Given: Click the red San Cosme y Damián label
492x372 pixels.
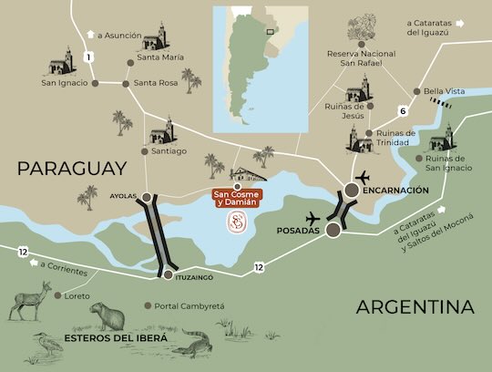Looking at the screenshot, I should click(235, 198).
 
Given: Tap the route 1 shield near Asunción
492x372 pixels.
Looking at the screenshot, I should click(88, 57).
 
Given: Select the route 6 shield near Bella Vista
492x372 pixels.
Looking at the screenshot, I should click(402, 111).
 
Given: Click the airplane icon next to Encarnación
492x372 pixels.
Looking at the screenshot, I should click(364, 176).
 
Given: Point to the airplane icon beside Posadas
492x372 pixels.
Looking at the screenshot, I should click(315, 219).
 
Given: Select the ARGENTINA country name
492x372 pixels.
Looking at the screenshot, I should click(415, 307).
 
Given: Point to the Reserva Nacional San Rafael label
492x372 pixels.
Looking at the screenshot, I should click(364, 60).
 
